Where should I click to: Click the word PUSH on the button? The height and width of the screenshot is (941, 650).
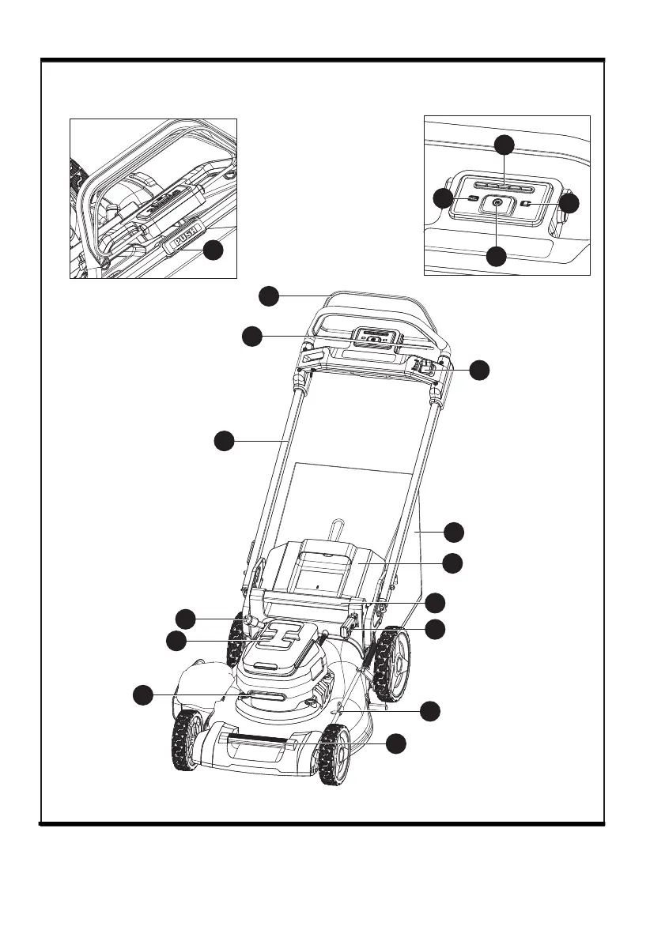coord(183,236)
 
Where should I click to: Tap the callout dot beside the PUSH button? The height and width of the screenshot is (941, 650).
coord(212,251)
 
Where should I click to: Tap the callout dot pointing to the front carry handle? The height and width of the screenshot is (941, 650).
coord(397,743)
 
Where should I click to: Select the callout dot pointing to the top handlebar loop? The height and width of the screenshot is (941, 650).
coord(269,295)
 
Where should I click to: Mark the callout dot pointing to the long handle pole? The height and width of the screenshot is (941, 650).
coord(224,441)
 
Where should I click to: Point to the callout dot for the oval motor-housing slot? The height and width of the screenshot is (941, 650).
coord(142,694)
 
